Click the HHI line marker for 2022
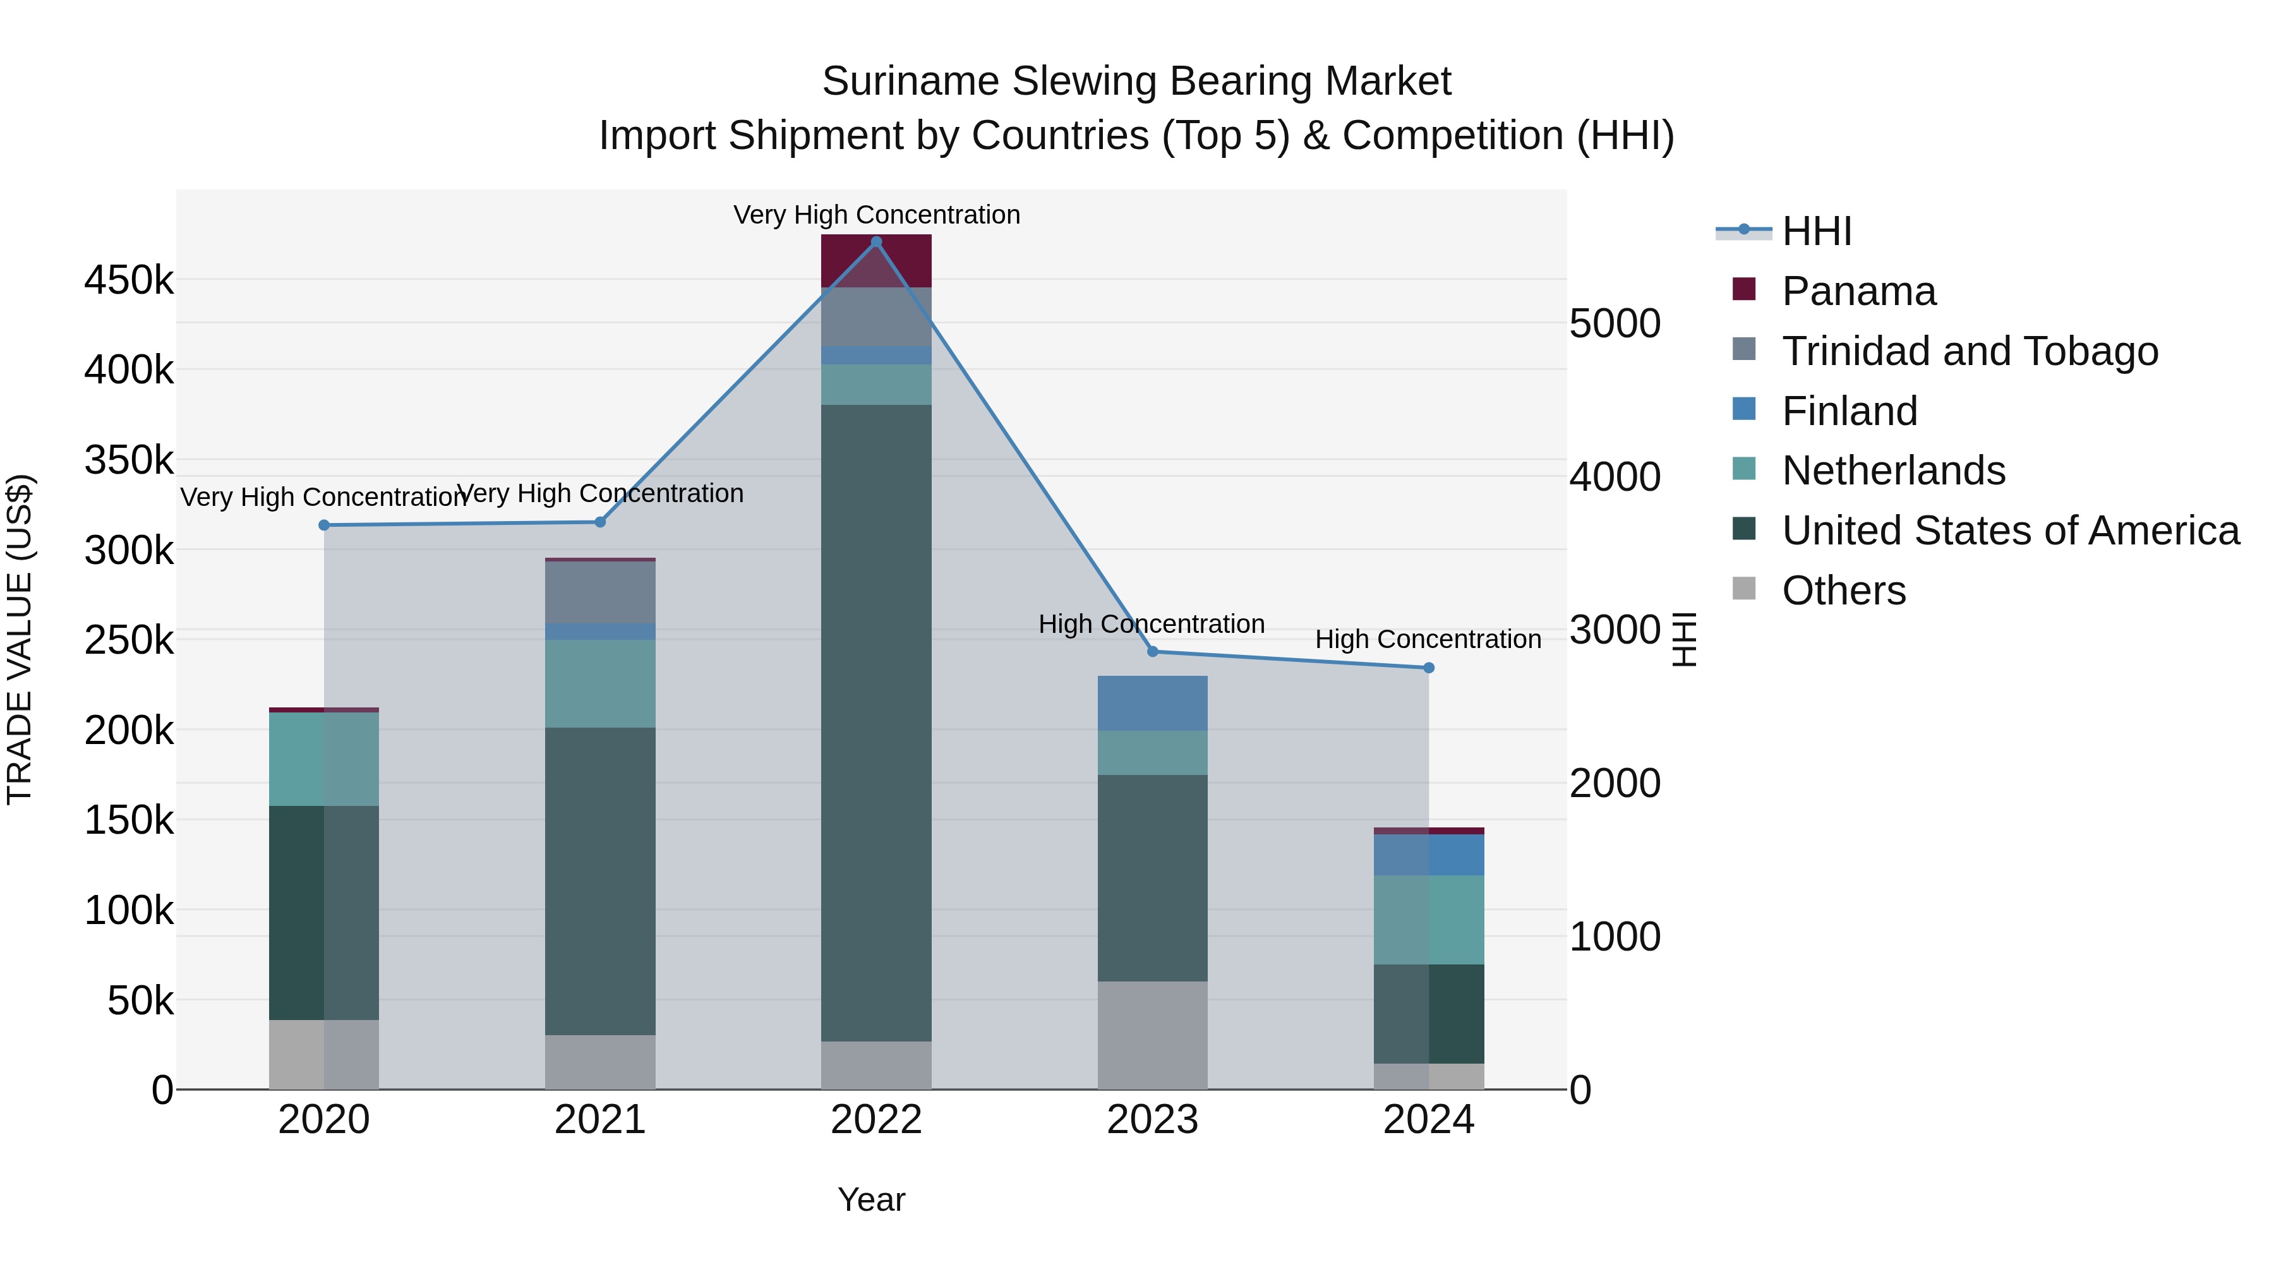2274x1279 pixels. click(875, 242)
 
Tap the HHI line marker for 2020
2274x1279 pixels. click(324, 525)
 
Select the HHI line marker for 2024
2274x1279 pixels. click(1428, 668)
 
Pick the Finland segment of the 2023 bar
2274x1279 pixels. click(1152, 704)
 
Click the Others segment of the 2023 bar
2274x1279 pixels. click(1152, 1035)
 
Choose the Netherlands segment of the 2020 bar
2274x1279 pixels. click(324, 759)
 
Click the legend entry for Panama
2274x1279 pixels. click(1858, 291)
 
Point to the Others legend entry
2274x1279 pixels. click(1843, 591)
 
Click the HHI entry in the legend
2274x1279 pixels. click(1816, 231)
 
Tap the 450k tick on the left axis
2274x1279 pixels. click(129, 280)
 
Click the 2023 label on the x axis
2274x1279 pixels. click(1152, 1120)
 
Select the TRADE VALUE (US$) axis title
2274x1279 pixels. click(20, 639)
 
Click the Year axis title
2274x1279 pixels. click(871, 1199)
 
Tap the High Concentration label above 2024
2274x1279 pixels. click(1428, 639)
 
